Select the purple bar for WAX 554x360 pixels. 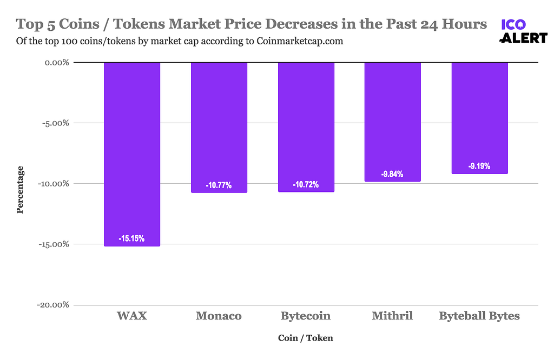pos(132,154)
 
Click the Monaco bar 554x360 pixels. pos(219,127)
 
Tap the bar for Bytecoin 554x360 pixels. pos(306,127)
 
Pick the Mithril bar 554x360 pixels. pos(392,122)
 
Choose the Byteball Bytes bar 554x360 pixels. pos(479,118)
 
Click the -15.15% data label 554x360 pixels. pos(132,238)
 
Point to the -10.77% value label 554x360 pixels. pos(219,185)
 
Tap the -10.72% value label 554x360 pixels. pos(306,185)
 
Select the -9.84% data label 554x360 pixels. pos(392,174)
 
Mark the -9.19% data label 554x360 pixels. pos(479,166)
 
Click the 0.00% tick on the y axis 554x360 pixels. pos(54,62)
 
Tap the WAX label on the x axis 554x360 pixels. pos(132,316)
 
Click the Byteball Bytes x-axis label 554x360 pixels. pos(479,316)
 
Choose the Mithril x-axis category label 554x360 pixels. pos(392,316)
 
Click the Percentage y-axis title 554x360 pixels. pos(20,189)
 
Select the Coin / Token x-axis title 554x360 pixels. pos(306,338)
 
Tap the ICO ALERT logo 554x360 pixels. pos(523,31)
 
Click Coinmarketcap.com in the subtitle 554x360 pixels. pos(299,41)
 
